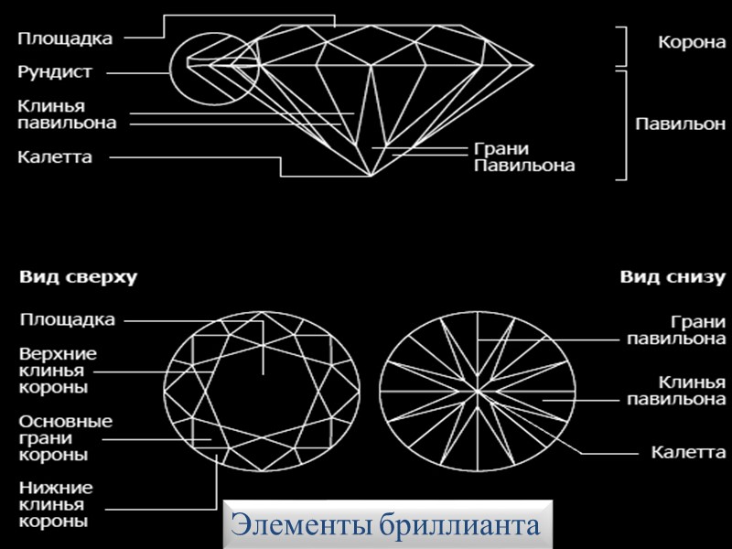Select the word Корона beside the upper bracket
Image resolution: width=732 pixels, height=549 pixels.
687,42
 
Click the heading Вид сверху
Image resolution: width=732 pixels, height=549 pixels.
76,277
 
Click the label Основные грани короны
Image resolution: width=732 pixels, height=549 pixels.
67,436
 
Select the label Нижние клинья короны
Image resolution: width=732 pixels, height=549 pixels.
56,504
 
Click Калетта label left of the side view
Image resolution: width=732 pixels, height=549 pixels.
55,156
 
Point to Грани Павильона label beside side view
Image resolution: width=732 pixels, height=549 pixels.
524,157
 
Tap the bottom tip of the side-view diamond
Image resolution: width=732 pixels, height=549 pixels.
370,176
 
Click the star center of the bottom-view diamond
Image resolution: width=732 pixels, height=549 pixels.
479,392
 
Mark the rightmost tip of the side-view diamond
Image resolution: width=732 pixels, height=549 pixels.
533,65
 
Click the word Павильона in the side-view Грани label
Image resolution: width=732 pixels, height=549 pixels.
524,166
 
